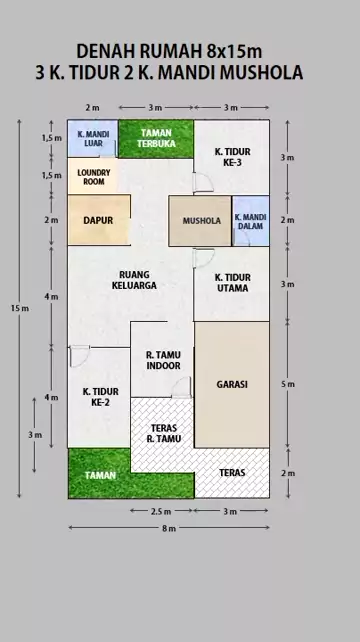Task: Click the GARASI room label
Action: [x=232, y=384]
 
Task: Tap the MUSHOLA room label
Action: [x=202, y=221]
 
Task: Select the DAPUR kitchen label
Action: [x=98, y=220]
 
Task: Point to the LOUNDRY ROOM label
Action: [x=94, y=177]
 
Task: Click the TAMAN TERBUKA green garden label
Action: [x=156, y=138]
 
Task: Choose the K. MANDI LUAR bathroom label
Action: [x=94, y=139]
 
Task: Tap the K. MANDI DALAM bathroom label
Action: [x=251, y=221]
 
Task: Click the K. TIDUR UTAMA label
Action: [x=232, y=283]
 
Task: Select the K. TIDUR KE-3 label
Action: [x=232, y=157]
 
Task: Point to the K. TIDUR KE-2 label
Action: [x=100, y=397]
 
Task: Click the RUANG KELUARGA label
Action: [x=134, y=280]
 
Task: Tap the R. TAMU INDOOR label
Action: [x=163, y=360]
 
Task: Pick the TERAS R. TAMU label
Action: [x=163, y=433]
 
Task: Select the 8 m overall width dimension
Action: [x=169, y=528]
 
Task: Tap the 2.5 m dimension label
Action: [x=161, y=511]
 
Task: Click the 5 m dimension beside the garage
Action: [x=288, y=384]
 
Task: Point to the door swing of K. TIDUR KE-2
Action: [x=80, y=356]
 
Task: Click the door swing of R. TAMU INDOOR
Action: [x=181, y=387]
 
